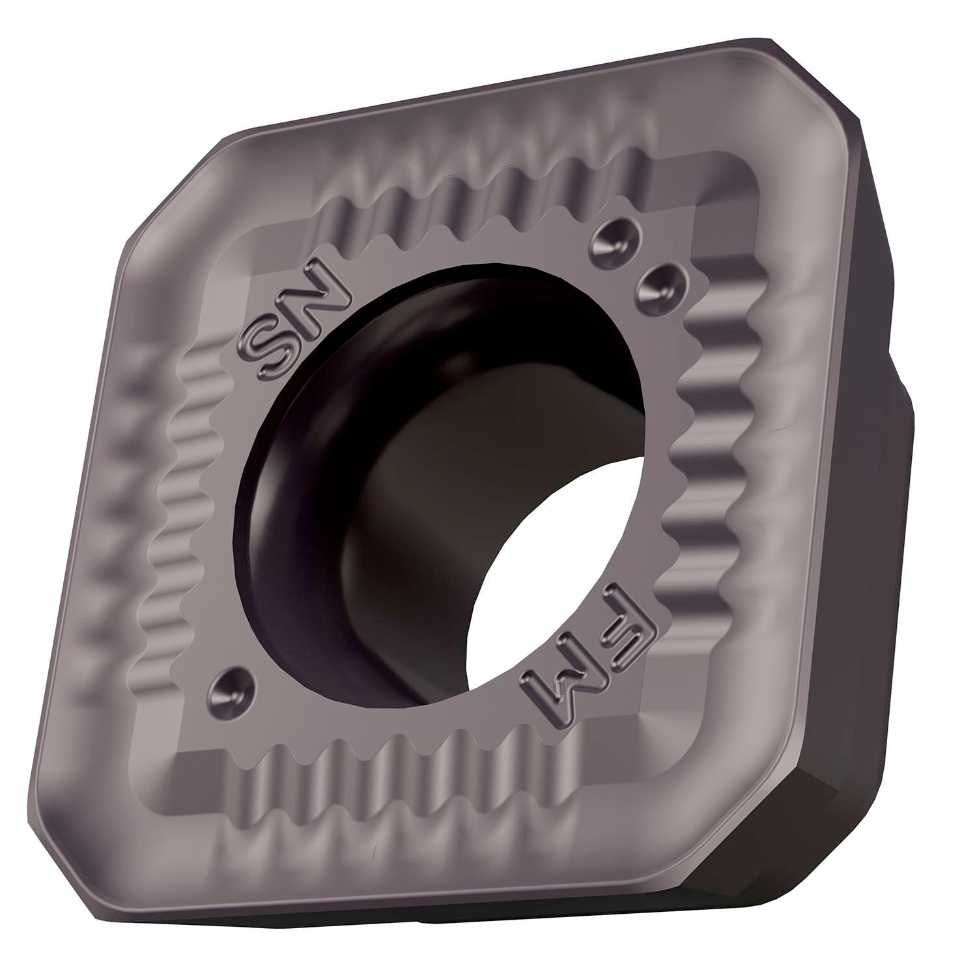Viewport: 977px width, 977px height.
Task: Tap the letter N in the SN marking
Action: (313, 285)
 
